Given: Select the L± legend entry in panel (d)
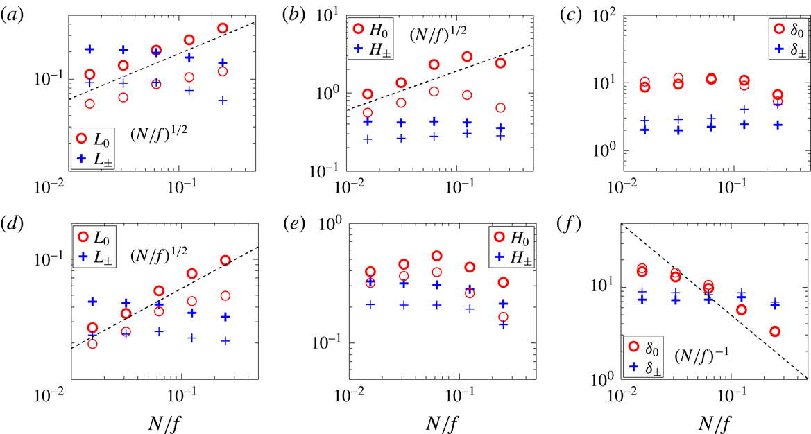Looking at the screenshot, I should [94, 257].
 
